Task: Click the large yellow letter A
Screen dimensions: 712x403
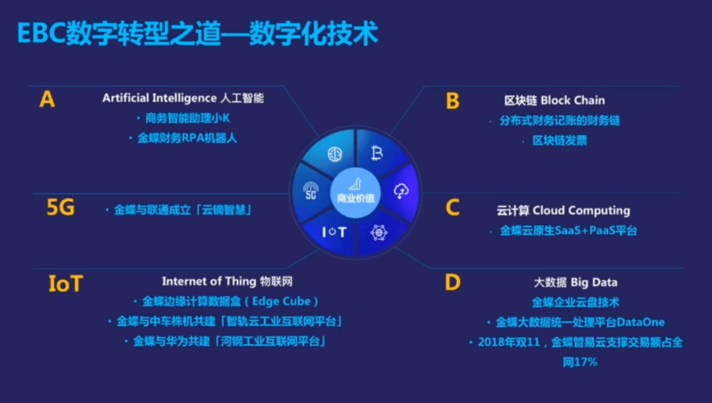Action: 47,99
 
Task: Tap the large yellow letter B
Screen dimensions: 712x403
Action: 452,101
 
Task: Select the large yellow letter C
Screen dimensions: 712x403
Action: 452,208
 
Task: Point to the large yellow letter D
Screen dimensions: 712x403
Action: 453,282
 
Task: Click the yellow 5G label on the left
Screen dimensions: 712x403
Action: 61,208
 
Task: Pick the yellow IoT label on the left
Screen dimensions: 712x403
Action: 65,284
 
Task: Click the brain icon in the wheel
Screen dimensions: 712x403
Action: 335,154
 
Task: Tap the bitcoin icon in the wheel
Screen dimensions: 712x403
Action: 377,153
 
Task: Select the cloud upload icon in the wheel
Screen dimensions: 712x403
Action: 401,191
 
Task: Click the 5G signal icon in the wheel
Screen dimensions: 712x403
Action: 311,191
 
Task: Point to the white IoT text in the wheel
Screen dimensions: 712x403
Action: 334,232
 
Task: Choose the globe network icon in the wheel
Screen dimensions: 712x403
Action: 378,233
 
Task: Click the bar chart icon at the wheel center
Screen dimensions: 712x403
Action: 355,184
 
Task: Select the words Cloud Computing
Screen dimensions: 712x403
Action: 581,210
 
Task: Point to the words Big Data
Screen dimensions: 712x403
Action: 594,282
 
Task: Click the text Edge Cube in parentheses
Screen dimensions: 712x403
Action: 282,301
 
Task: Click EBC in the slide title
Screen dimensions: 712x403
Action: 41,34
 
